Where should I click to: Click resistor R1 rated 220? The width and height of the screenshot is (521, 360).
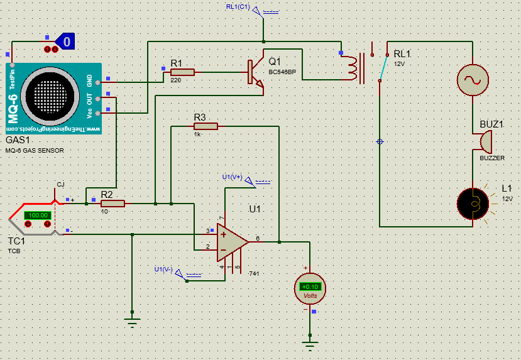[182, 72]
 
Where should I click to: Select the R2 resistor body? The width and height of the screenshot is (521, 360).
[112, 203]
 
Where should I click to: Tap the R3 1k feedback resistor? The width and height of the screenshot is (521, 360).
[206, 126]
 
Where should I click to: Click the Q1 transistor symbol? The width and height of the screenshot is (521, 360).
[255, 73]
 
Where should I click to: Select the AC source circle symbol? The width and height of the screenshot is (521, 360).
[472, 79]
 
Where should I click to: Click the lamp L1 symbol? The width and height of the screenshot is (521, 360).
[473, 203]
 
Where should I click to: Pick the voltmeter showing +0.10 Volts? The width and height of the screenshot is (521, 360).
[310, 288]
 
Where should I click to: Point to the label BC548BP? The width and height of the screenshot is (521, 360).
[282, 73]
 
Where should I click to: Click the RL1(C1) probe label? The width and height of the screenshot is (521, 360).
[238, 7]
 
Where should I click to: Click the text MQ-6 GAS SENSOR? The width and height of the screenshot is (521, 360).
[35, 151]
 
